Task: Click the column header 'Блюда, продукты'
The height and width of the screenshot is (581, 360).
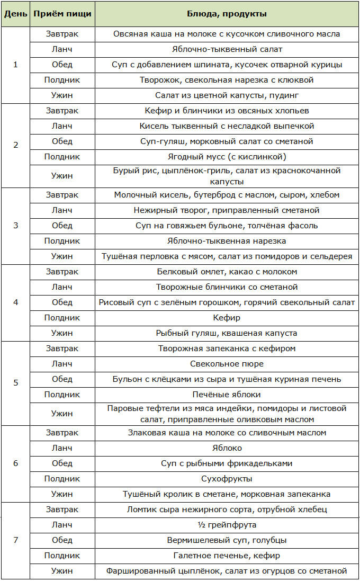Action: tap(227, 13)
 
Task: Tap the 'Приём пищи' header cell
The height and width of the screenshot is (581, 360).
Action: tap(62, 13)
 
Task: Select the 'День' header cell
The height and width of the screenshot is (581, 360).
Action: tap(15, 13)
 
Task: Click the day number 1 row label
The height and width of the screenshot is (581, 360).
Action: tap(15, 65)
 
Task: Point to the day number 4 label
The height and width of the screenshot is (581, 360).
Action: tap(15, 302)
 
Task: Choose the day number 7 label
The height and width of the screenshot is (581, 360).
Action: tap(15, 540)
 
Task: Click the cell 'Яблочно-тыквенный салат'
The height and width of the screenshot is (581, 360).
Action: tap(227, 49)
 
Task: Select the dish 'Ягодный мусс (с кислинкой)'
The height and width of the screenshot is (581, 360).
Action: tap(227, 157)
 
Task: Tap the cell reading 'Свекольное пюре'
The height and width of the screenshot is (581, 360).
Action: tap(227, 364)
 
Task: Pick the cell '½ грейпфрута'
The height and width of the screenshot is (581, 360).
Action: tap(227, 525)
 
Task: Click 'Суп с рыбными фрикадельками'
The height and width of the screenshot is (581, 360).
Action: tap(227, 463)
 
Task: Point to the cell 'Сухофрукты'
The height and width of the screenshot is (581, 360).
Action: tap(227, 479)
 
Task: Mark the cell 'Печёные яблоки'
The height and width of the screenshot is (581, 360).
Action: tap(227, 395)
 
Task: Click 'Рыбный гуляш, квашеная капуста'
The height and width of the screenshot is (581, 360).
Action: tap(227, 333)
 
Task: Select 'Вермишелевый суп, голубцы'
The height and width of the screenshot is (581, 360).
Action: tap(227, 540)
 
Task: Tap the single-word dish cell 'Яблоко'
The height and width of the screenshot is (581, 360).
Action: tap(227, 448)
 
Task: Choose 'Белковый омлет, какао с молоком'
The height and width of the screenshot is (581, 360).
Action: tap(227, 272)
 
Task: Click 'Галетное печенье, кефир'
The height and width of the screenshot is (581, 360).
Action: tap(227, 556)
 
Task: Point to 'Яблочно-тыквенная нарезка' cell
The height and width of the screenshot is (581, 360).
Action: tap(227, 241)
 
